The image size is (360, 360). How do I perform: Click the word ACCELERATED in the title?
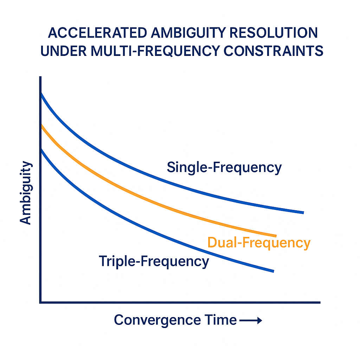pyautogui.click(x=94, y=33)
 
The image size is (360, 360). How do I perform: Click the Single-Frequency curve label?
pyautogui.click(x=224, y=167)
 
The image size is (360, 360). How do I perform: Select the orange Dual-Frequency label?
pyautogui.click(x=259, y=243)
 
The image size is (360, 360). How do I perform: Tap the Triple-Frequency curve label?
pyautogui.click(x=154, y=262)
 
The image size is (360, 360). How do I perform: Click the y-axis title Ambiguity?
pyautogui.click(x=26, y=192)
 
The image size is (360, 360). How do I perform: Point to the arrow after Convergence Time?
pyautogui.click(x=251, y=320)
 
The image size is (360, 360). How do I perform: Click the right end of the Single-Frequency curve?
pyautogui.click(x=302, y=212)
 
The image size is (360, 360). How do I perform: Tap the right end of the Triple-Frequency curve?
pyautogui.click(x=272, y=271)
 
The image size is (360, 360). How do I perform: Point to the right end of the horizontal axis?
pyautogui.click(x=319, y=302)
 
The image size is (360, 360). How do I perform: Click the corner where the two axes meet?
pyautogui.click(x=40, y=302)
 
